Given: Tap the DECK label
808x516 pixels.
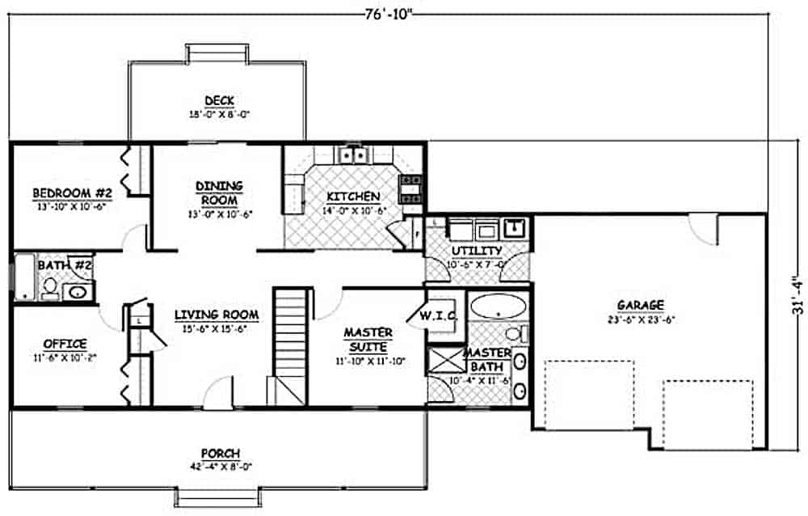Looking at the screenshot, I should coord(219,100).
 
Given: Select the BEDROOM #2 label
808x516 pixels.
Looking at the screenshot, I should coord(72,193).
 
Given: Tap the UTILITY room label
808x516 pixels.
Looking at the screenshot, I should coord(477,251).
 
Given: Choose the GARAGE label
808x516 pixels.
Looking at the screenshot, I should coord(641,305).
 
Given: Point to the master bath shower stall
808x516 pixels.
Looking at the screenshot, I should coord(445,361).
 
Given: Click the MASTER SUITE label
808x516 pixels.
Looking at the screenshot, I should coord(368,338).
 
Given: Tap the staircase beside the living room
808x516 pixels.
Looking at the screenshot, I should coord(290,340).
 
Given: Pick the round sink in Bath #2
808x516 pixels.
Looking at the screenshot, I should coord(78,292).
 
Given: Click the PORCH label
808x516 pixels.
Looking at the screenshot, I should coord(220,454).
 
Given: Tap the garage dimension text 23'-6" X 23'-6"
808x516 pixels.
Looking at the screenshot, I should coord(641,319).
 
